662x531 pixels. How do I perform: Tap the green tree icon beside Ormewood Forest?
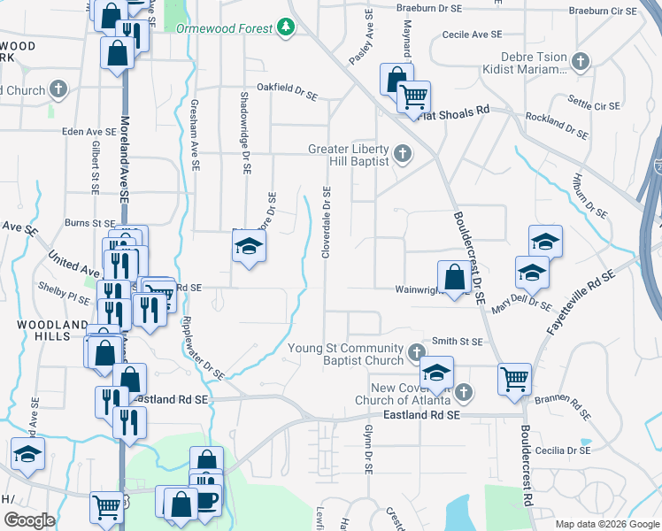(x=286, y=28)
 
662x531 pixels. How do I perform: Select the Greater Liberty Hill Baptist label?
(x=348, y=156)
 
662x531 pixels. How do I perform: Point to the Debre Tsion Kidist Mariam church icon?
(x=581, y=62)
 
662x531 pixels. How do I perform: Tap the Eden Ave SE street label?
(x=89, y=131)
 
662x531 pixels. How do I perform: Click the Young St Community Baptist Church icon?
(x=416, y=355)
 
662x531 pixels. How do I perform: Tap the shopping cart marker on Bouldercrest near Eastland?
(x=514, y=379)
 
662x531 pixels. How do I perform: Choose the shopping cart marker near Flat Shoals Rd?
(x=413, y=96)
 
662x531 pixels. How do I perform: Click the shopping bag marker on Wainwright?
(x=454, y=277)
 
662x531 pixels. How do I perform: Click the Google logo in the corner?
(x=29, y=519)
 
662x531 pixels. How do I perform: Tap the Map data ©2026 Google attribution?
(x=607, y=523)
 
